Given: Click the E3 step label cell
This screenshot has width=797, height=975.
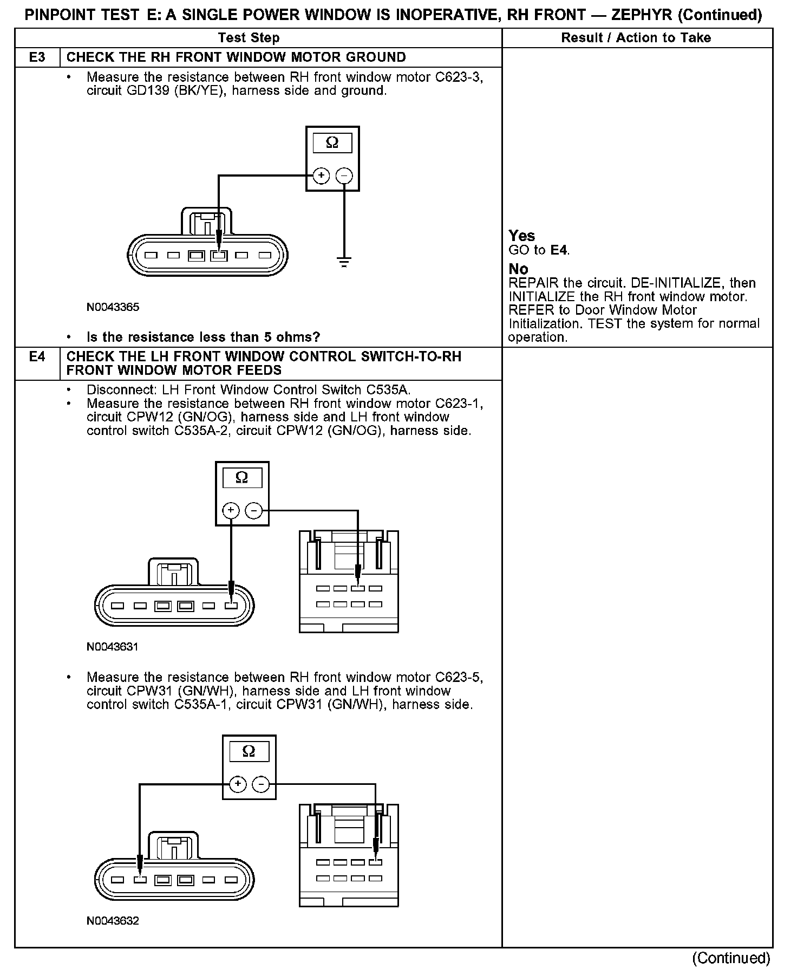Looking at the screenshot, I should pos(37,57).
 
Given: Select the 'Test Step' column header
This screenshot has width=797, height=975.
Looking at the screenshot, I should pos(249,38).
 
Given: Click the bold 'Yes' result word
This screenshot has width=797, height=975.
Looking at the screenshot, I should pos(522,236).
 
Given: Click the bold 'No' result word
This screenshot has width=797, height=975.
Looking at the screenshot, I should pos(518,269).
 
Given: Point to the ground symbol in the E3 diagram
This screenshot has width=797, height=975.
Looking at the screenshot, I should pos(344,263).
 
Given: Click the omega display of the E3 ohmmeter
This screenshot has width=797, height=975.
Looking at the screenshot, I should pos(332,143).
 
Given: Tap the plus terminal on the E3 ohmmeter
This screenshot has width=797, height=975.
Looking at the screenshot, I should pos(321,175).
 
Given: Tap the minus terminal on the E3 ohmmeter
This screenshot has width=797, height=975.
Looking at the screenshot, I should pos(344,175).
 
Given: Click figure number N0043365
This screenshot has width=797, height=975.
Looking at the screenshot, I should pos(113,307).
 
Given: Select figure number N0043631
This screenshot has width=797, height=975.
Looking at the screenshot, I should pos(113,647).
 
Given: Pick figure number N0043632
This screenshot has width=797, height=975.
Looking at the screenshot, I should pos(113,921).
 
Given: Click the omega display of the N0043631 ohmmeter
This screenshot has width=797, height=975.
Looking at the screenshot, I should pos(242,478).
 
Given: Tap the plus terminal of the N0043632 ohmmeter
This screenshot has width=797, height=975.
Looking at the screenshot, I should pos(237,784).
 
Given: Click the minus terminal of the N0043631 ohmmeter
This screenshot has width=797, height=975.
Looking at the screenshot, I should pos(254,510).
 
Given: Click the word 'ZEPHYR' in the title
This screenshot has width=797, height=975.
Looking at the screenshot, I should pos(642,15).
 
